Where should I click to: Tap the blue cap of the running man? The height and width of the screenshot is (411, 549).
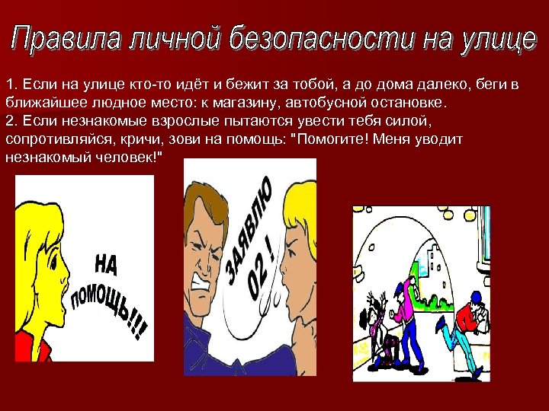(474, 296)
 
